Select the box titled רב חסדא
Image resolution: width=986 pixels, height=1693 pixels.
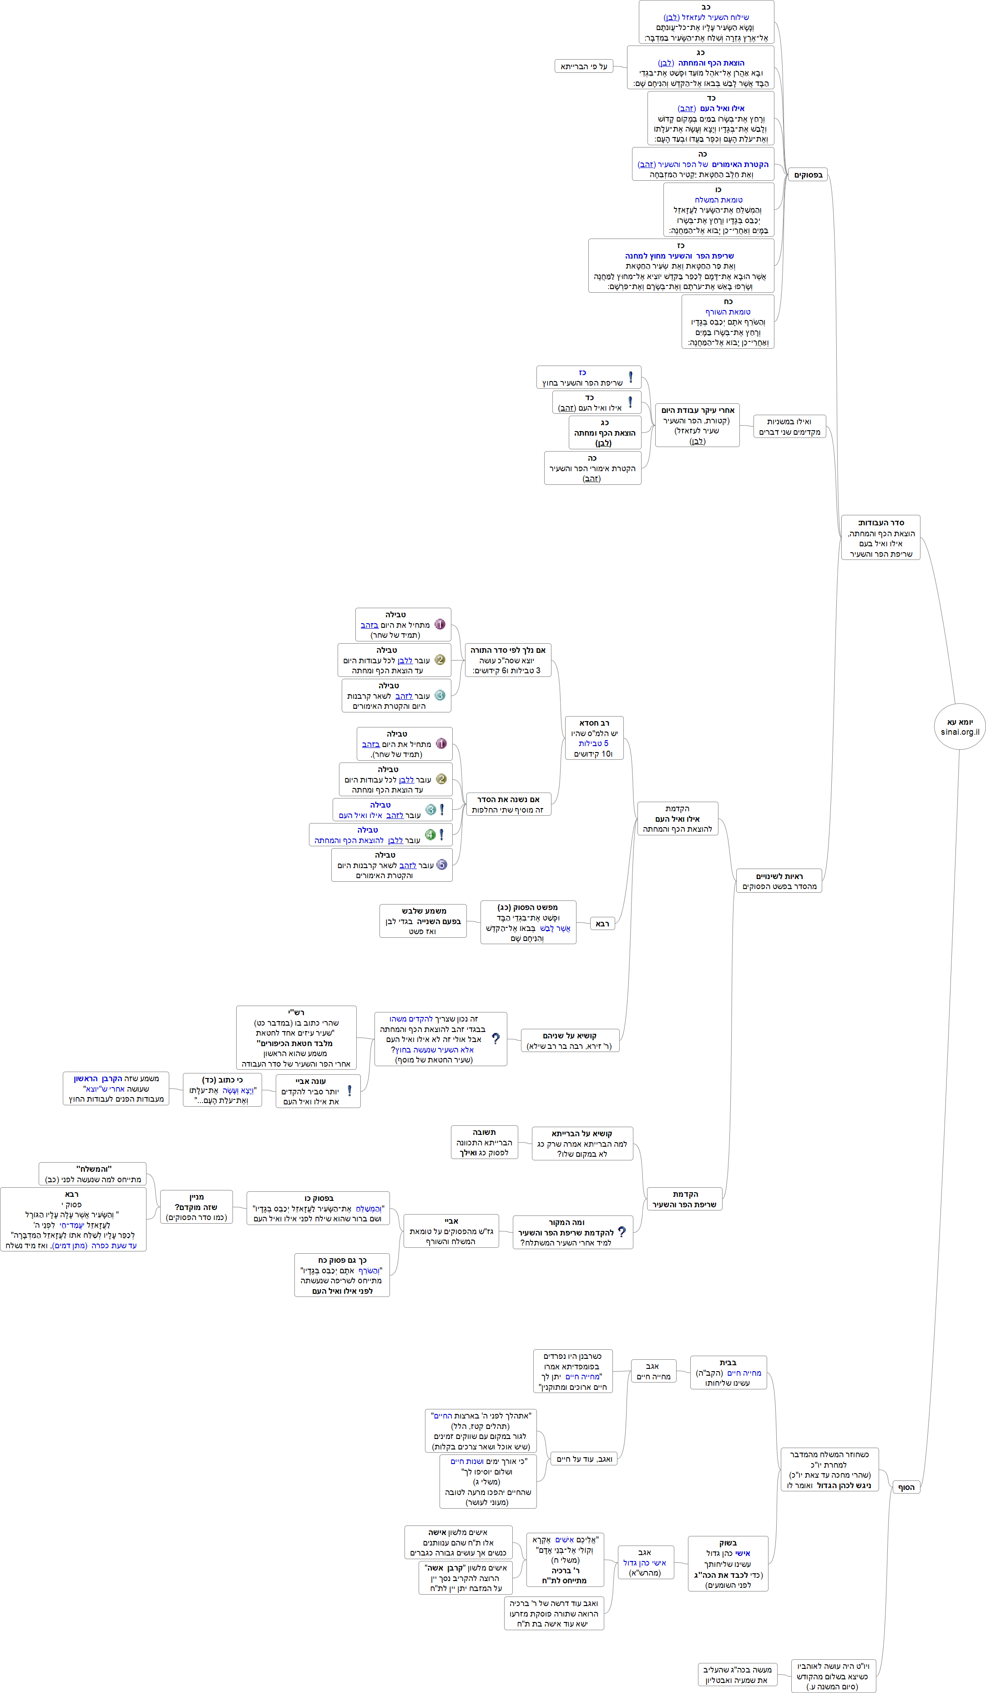pyautogui.click(x=594, y=737)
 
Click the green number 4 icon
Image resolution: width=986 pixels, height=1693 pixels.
pyautogui.click(x=430, y=835)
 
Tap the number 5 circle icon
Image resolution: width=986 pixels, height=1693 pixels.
pyautogui.click(x=441, y=864)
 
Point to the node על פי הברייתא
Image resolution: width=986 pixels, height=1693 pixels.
pyautogui.click(x=584, y=66)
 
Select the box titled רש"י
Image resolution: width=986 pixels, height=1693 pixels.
pyautogui.click(x=296, y=1038)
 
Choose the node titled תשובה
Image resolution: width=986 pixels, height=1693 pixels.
pyautogui.click(x=484, y=1142)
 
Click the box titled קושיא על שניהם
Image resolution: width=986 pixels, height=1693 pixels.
pyautogui.click(x=570, y=1041)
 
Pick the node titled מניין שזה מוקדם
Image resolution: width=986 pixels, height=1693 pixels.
pyautogui.click(x=196, y=1207)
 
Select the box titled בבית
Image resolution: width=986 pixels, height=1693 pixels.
pyautogui.click(x=728, y=1373)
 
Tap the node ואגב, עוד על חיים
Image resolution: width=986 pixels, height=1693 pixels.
pyautogui.click(x=584, y=1459)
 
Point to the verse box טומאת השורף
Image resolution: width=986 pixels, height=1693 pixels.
pyautogui.click(x=728, y=322)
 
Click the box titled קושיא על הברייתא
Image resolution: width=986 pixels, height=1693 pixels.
pyautogui.click(x=581, y=1144)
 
